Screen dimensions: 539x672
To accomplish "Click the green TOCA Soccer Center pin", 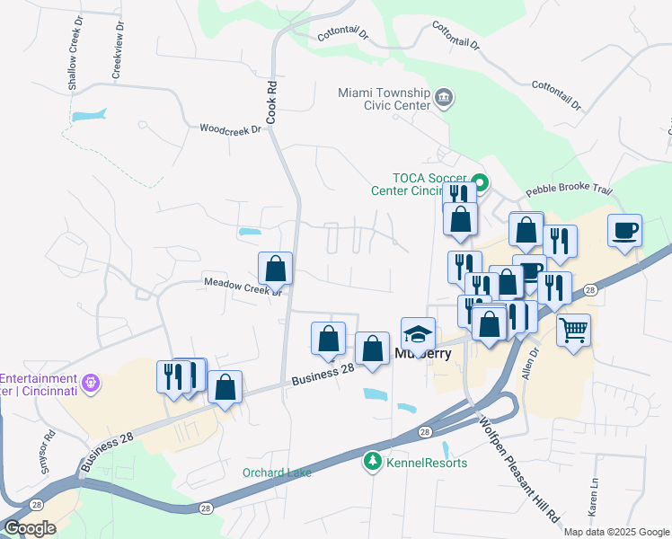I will (x=480, y=183).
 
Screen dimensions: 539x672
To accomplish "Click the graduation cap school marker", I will (x=418, y=336).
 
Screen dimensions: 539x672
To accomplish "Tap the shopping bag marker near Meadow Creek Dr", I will (x=275, y=269).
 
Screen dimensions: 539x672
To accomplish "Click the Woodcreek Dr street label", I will (x=229, y=129).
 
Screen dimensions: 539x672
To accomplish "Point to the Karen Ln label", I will (x=594, y=496).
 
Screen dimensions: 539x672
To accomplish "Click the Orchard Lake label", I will (x=277, y=473).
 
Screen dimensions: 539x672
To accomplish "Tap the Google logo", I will (x=31, y=527).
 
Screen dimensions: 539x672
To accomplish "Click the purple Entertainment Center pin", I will (x=91, y=384).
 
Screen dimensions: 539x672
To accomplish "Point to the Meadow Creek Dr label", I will (x=243, y=285).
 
